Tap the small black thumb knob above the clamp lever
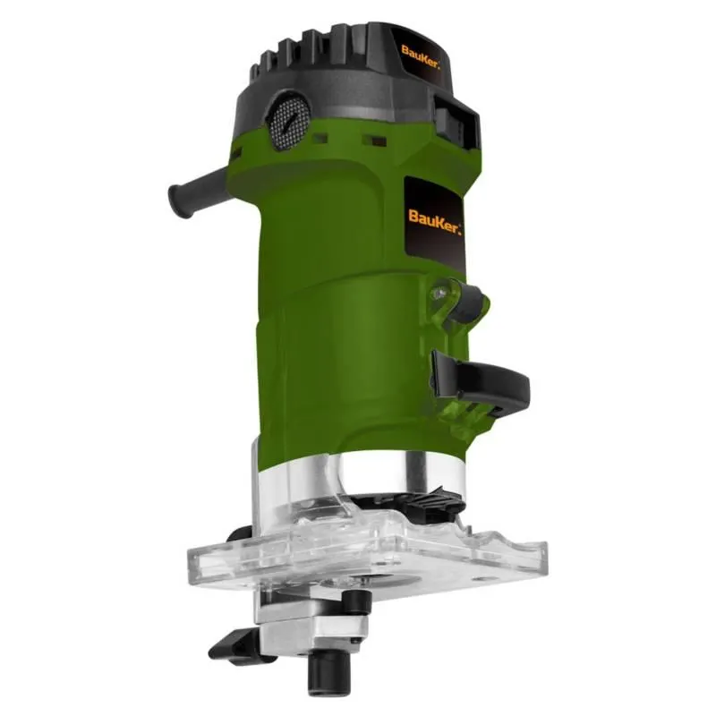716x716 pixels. point(466,303)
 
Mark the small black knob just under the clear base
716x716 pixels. point(353,603)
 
